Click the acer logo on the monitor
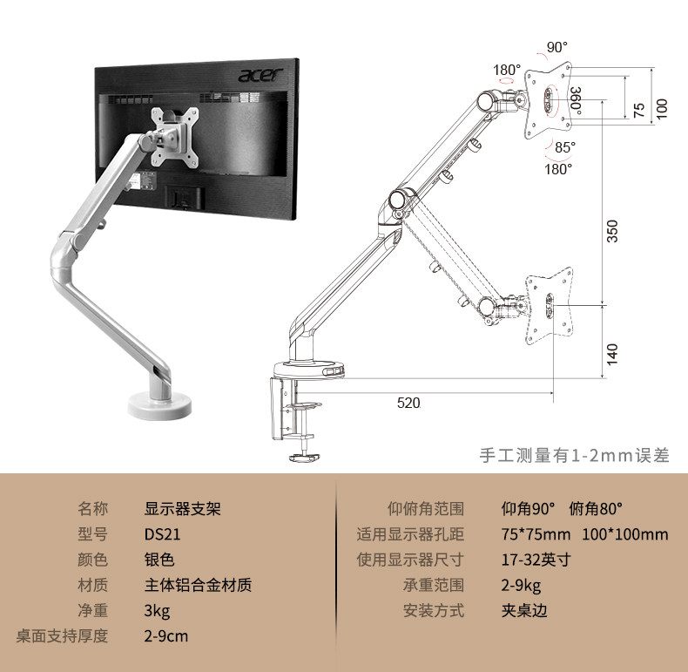pos(262,76)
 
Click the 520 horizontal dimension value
pos(408,403)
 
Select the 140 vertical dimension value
pos(612,353)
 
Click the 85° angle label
pos(565,146)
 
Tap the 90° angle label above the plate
pos(556,46)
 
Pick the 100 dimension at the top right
pos(662,108)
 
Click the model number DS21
pos(162,534)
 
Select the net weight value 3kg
pos(157,610)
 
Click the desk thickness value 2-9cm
pos(166,635)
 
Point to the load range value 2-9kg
pos(521,585)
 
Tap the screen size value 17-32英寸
pos(535,560)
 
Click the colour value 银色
pos(159,560)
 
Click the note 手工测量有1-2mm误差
pos(575,455)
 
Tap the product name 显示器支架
pos(182,509)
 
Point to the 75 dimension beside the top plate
pos(638,110)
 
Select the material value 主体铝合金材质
pos(198,585)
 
